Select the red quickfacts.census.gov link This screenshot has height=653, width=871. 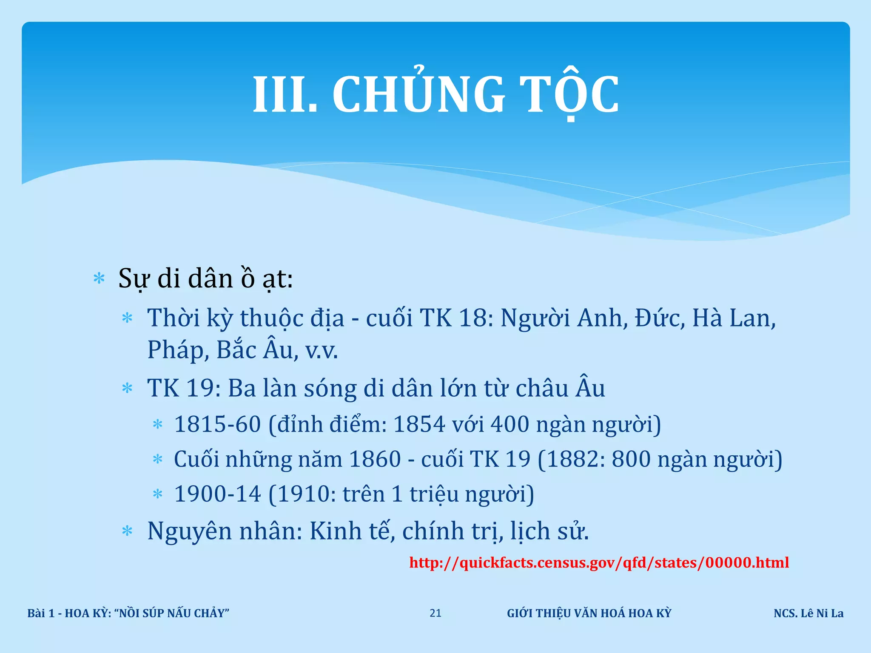coord(599,562)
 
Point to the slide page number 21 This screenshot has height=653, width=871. coord(435,613)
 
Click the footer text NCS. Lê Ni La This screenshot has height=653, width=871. coord(808,613)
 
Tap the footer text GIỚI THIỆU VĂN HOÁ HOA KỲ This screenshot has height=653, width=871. coord(589,613)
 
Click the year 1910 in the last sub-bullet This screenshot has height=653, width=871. coord(304,494)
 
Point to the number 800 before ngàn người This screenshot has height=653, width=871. coord(631,459)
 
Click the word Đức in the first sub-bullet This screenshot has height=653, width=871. coord(660,318)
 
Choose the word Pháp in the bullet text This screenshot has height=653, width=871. coord(178,350)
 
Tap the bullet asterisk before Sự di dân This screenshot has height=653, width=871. coord(99,279)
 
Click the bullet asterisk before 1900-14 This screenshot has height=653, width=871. coord(158,494)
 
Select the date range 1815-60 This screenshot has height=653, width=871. coord(217,424)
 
